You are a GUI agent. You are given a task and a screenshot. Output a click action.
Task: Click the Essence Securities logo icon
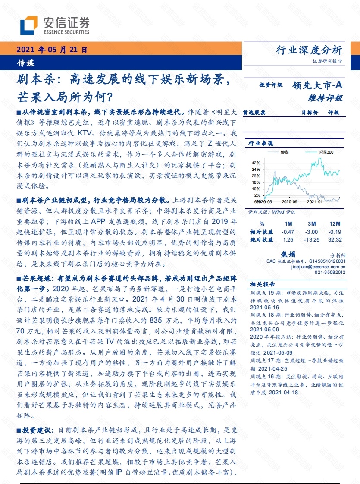coord(28,25)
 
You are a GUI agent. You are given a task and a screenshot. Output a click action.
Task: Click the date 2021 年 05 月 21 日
coord(52,50)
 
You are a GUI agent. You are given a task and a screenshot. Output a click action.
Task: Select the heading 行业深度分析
coord(309,50)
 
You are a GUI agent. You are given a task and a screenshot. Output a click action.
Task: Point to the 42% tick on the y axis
coord(256,163)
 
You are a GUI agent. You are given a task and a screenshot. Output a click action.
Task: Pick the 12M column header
coord(335,224)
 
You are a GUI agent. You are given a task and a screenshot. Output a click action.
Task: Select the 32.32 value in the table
coord(334,239)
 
